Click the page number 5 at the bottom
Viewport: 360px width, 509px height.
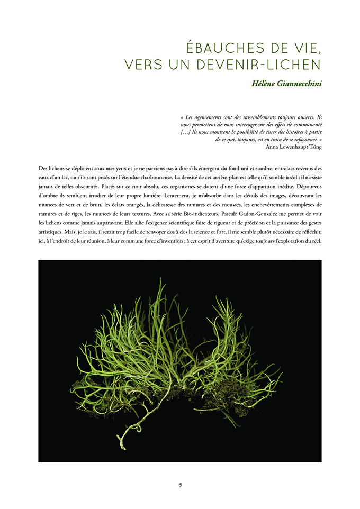[x=180, y=485]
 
